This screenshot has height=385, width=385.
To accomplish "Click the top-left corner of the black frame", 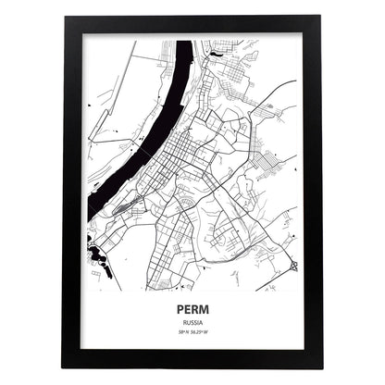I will [x=63, y=16].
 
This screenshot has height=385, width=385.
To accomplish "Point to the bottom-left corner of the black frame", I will [x=63, y=367].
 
